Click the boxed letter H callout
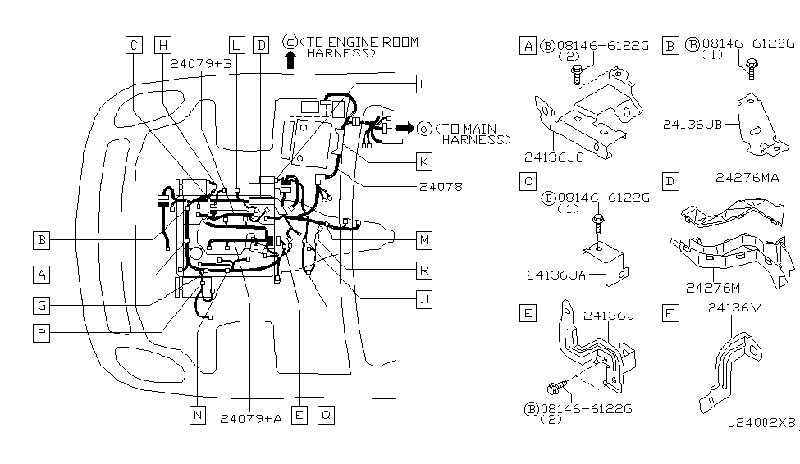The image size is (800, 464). [x=162, y=45]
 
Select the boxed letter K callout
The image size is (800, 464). [x=423, y=161]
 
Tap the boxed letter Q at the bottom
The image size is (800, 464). [x=326, y=415]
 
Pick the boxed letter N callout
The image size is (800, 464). [x=198, y=415]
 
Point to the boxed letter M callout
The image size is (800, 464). [x=423, y=240]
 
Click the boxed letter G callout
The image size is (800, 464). [x=41, y=306]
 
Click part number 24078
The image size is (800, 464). [x=441, y=187]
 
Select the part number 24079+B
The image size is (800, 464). [x=201, y=64]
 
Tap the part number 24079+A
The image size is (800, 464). [x=251, y=419]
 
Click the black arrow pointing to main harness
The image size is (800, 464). [x=405, y=128]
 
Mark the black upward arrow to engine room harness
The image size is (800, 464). [x=290, y=60]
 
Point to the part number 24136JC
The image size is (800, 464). [x=554, y=157]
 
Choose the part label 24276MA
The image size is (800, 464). [x=747, y=177]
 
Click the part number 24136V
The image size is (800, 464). [x=734, y=307]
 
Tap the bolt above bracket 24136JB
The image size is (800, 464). [x=752, y=68]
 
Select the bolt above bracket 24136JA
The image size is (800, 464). [x=598, y=225]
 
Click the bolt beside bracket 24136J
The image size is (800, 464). [x=557, y=386]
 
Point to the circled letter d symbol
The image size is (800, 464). [x=424, y=129]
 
